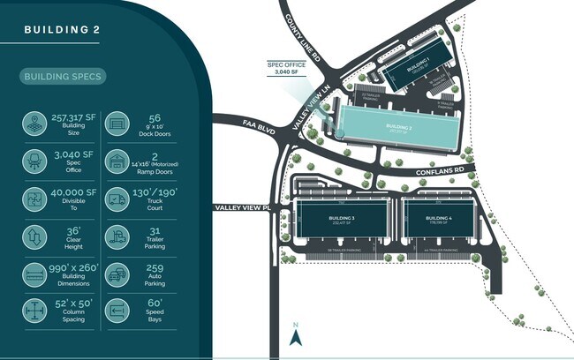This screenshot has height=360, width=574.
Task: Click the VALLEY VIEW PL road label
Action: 239,207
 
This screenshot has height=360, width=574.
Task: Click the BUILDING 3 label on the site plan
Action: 340,218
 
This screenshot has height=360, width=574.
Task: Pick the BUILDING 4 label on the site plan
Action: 438,218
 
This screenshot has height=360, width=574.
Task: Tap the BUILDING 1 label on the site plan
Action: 417,65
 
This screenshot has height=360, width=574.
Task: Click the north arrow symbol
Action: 297,337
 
